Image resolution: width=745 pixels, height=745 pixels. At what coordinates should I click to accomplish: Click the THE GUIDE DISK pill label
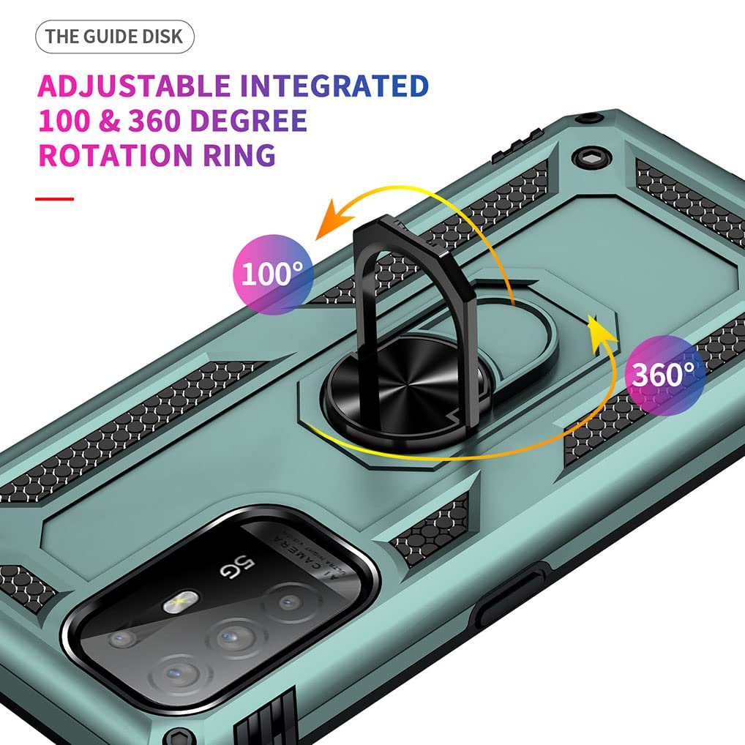click(114, 37)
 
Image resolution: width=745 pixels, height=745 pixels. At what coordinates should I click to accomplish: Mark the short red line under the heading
click(55, 198)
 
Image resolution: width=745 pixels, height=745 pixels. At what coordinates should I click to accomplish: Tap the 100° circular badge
click(272, 274)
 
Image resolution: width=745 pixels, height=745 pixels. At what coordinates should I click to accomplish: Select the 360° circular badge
click(664, 374)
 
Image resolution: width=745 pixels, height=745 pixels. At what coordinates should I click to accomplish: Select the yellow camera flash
click(176, 602)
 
